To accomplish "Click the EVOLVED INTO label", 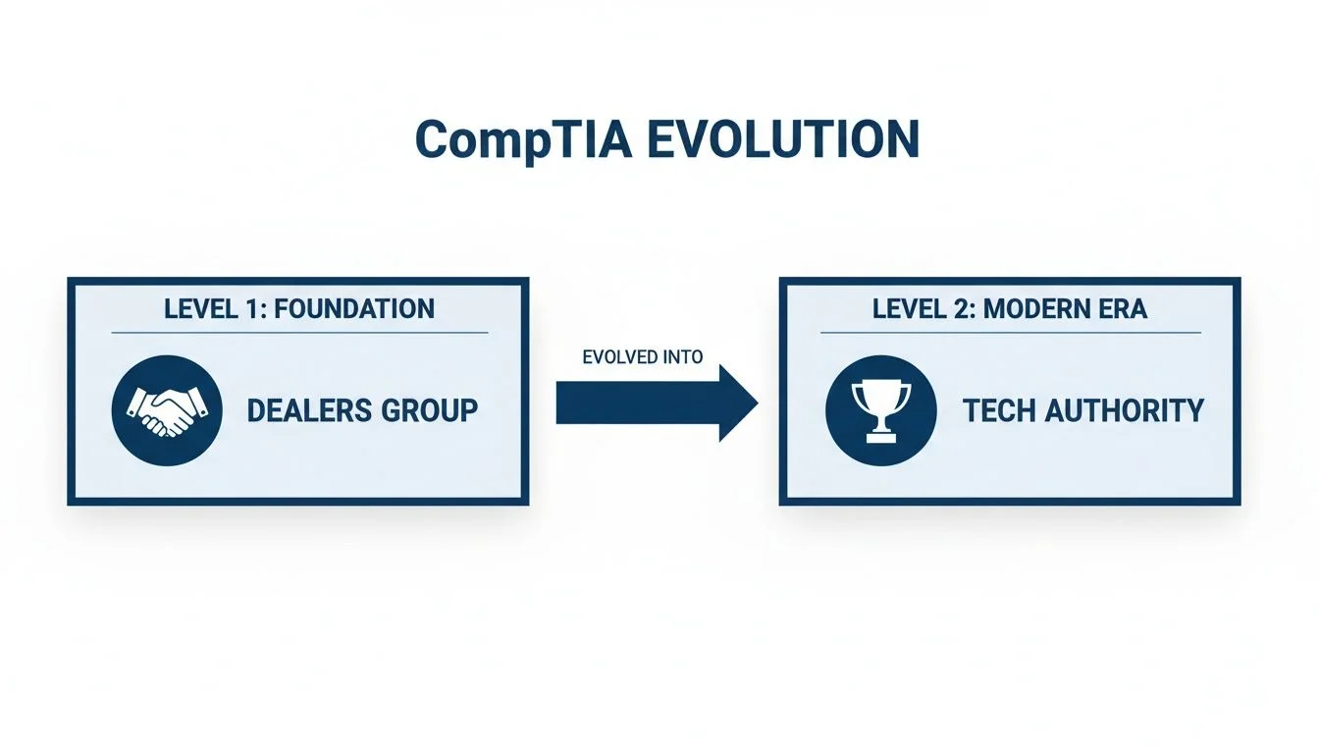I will (x=643, y=357).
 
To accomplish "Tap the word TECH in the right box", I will (x=999, y=409).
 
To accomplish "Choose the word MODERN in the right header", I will (x=1039, y=309).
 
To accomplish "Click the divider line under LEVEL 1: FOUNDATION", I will (x=299, y=333).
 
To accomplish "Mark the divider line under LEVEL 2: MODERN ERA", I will (x=1010, y=332).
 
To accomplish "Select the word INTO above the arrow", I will (x=683, y=357).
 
